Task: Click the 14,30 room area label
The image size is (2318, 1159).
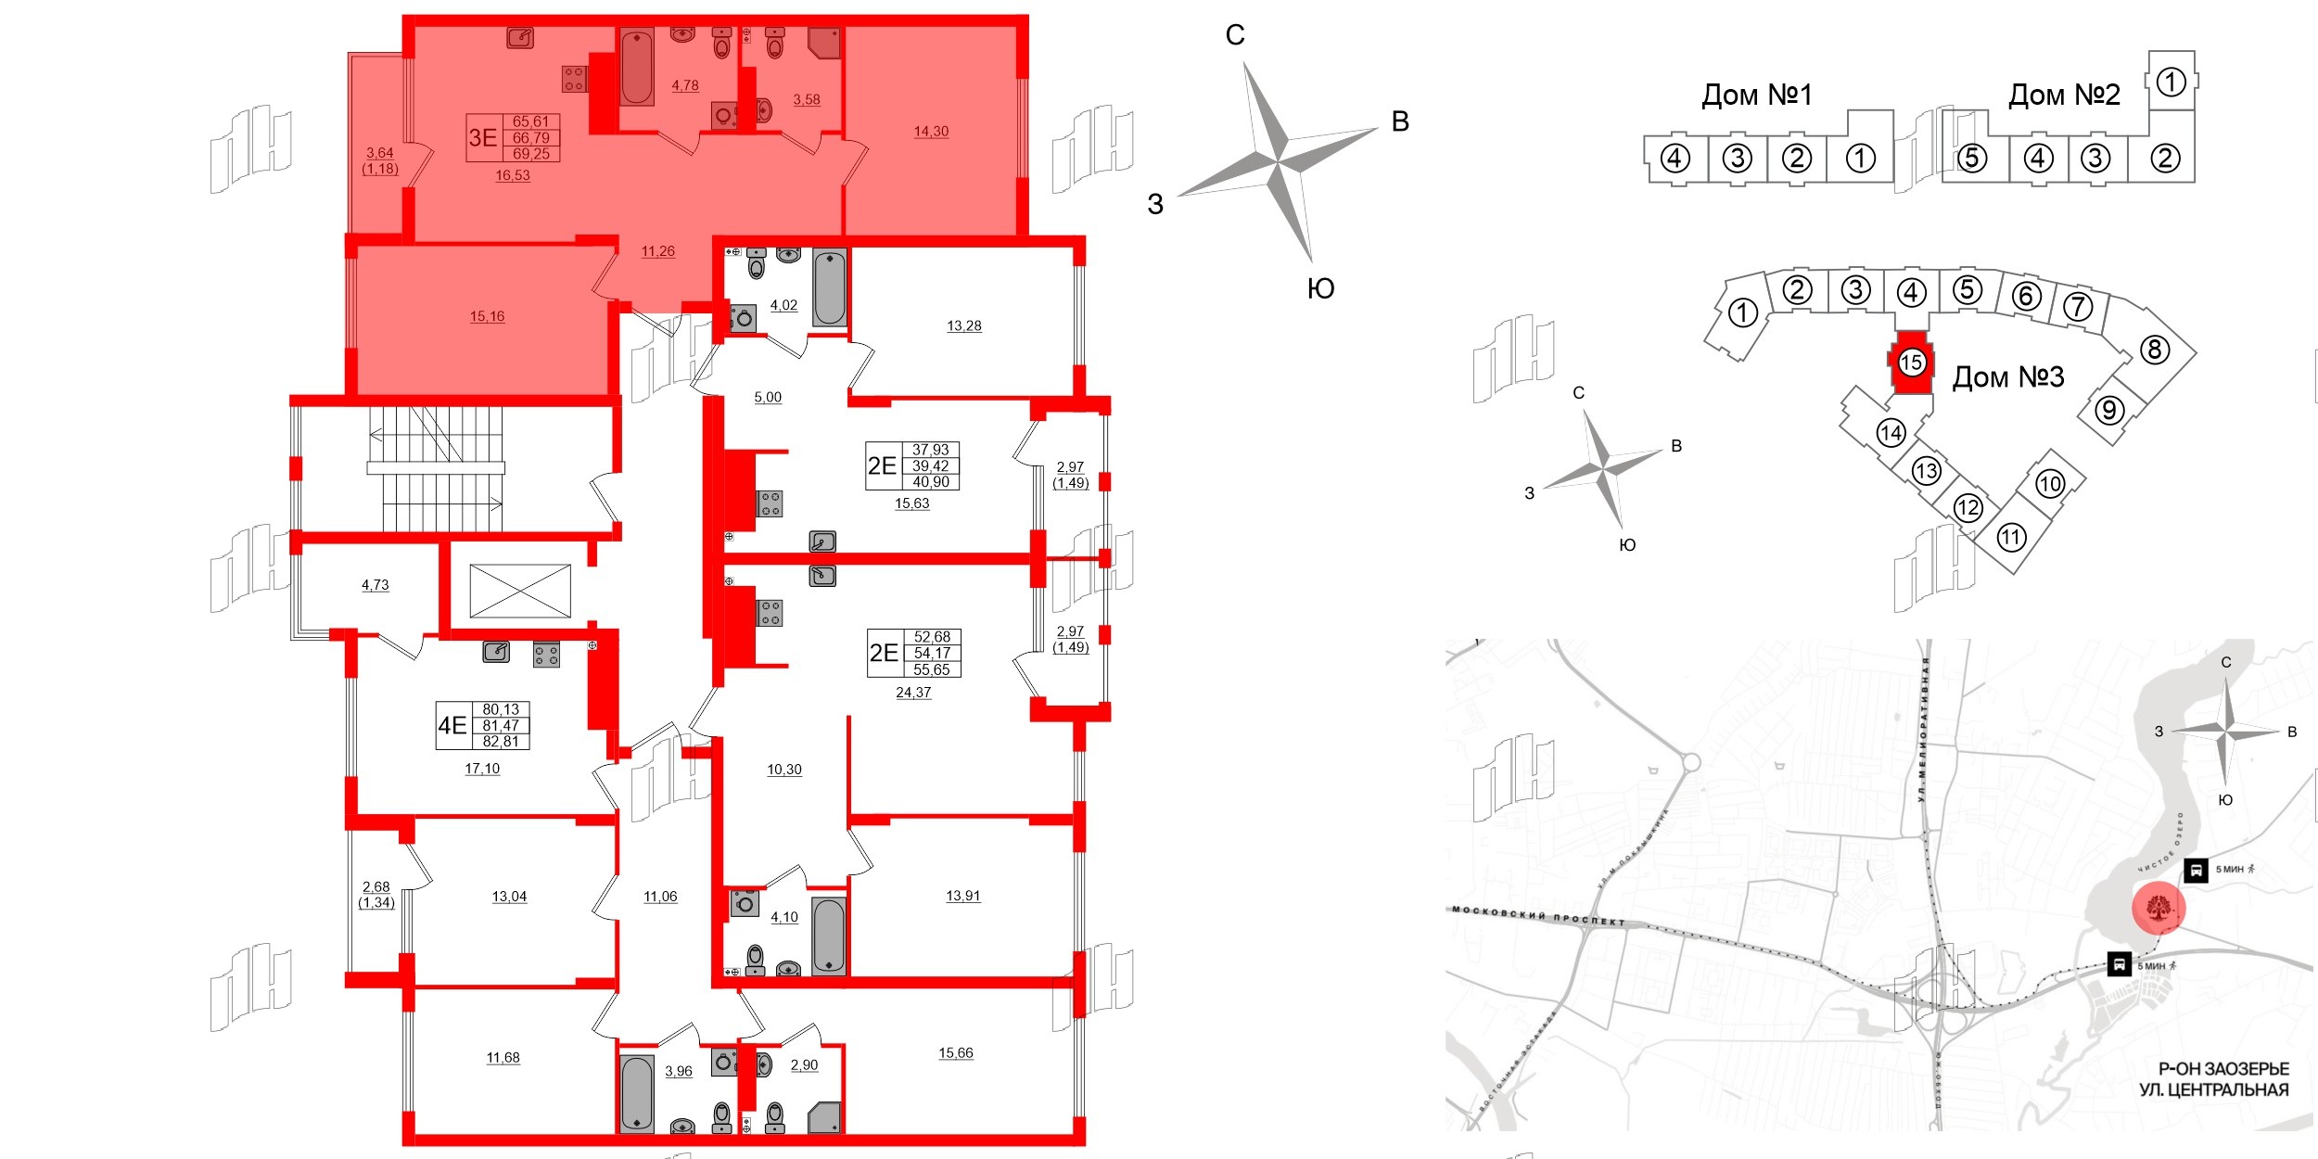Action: click(931, 132)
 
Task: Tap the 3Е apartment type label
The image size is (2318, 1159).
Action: click(482, 138)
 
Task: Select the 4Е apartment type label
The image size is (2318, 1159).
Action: click(452, 725)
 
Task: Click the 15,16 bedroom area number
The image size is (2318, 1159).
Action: click(487, 316)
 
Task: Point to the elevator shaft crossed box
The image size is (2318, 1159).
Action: click(519, 591)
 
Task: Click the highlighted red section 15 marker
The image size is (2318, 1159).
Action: click(1911, 362)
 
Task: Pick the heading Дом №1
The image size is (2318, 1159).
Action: click(1756, 95)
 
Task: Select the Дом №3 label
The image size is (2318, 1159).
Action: click(2007, 376)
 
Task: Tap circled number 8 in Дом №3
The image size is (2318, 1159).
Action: click(2154, 350)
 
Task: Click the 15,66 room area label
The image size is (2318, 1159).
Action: click(955, 1052)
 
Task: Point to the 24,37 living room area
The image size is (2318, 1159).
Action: click(913, 693)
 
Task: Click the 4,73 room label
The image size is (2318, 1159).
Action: click(375, 585)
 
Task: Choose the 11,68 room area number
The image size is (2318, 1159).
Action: click(503, 1057)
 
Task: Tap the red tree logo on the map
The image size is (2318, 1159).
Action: click(2159, 908)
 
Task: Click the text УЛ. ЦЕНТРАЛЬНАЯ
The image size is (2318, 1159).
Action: click(2213, 1090)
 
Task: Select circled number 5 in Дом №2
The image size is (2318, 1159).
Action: click(1971, 159)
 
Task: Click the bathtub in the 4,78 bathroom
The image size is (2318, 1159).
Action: click(637, 67)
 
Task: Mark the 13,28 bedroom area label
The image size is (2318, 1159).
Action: click(963, 325)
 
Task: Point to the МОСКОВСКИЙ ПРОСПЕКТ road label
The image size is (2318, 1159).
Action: click(1538, 916)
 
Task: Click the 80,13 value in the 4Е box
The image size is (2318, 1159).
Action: click(501, 709)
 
